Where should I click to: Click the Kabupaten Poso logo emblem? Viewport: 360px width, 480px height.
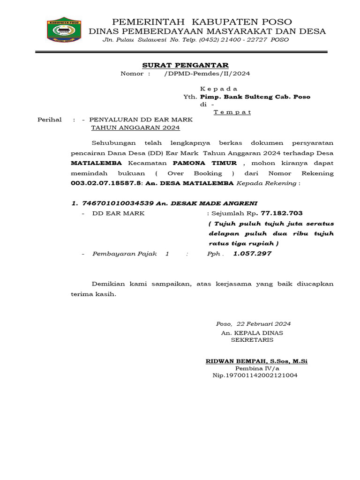point(64,30)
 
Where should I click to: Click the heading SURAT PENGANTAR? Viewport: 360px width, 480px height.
point(186,65)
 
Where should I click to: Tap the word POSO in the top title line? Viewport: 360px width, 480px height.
point(278,22)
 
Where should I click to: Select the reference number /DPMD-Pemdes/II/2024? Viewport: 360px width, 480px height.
point(207,74)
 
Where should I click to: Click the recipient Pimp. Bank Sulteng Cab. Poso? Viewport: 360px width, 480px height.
point(255,97)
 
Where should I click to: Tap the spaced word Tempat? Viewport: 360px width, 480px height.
point(232,112)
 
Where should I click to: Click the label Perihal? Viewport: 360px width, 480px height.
point(50,120)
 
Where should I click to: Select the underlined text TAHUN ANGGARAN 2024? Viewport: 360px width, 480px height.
point(135,127)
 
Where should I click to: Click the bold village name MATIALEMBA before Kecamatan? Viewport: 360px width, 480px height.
point(96,163)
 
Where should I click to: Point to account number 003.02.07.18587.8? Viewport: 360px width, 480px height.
point(106,183)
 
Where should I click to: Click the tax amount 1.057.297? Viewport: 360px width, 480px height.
point(252,254)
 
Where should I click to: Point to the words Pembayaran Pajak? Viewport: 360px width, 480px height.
point(124,254)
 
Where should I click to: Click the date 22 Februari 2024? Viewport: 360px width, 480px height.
point(264,324)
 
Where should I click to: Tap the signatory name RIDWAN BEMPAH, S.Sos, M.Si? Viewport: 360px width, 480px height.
point(256,361)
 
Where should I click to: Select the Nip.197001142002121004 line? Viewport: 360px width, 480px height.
point(255,375)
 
